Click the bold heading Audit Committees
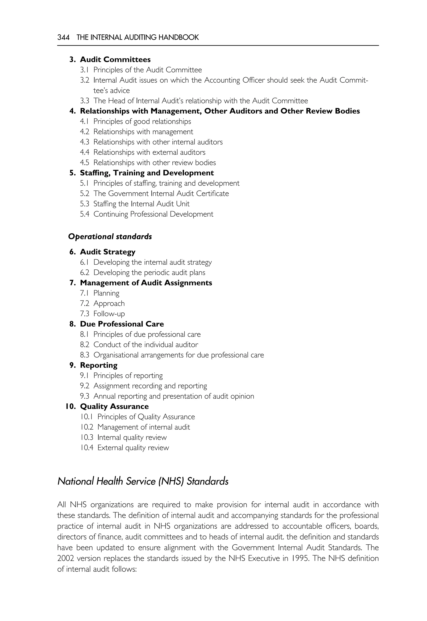point(115,59)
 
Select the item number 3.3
point(84,101)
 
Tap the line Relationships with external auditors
point(149,152)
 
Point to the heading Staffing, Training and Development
point(147,173)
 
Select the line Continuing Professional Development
point(153,214)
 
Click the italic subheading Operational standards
point(110,237)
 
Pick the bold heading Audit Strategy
point(108,252)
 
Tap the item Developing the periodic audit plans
point(149,273)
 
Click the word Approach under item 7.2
point(109,304)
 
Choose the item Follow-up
point(109,314)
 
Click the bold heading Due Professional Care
point(122,324)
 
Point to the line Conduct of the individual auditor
point(146,345)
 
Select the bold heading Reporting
point(99,366)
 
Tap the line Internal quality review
point(132,438)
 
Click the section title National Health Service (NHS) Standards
point(143,481)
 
